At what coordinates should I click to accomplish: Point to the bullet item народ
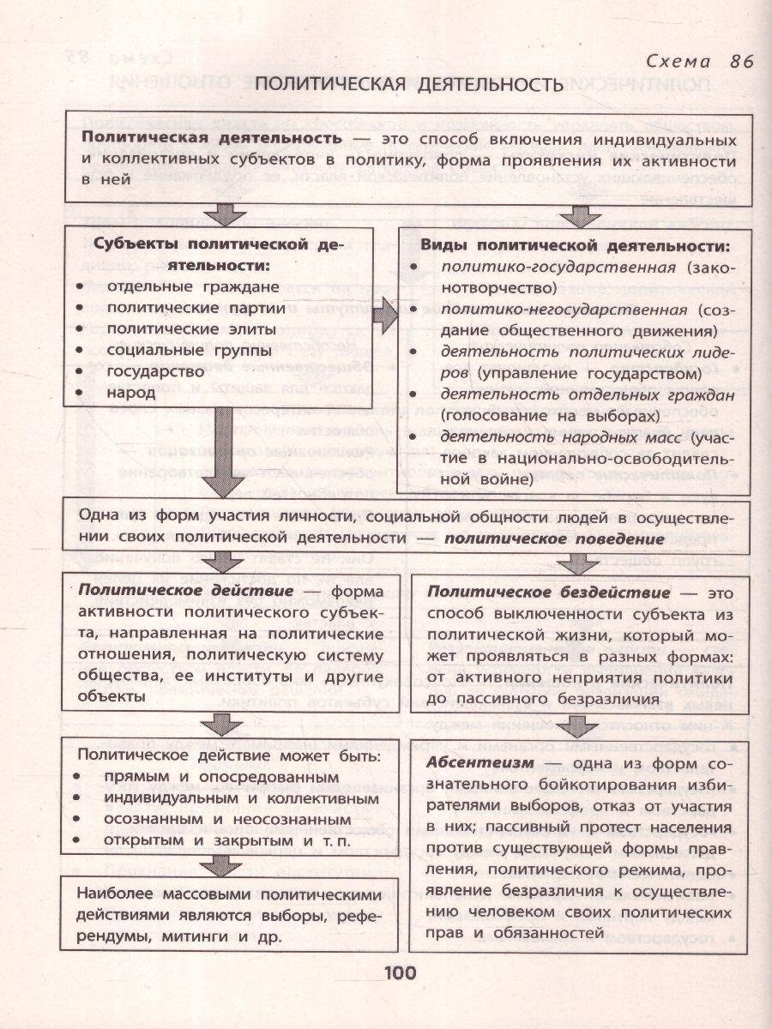[x=131, y=393]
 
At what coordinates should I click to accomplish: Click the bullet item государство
[x=156, y=371]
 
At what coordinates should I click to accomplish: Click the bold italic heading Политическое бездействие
[x=549, y=593]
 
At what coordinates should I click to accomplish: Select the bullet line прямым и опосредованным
[x=215, y=776]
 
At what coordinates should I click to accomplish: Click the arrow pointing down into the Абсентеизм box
[x=581, y=722]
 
